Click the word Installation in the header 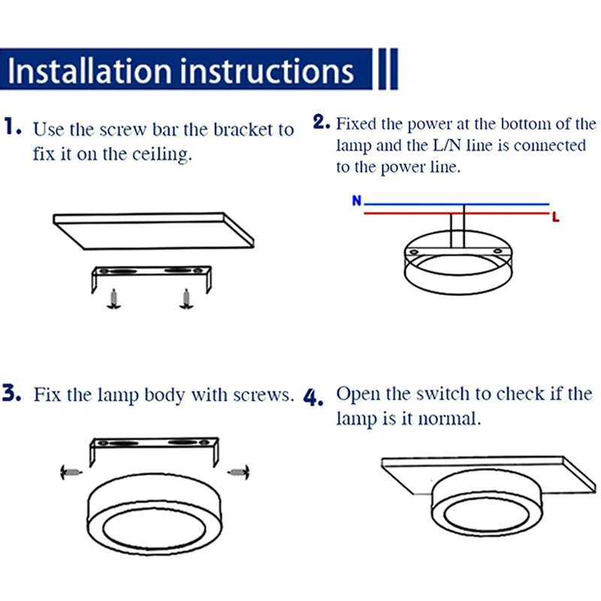pos(89,71)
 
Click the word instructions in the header pos(267,71)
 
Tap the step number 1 pos(13,126)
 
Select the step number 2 pos(322,122)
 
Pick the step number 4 pos(313,397)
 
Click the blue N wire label pos(356,201)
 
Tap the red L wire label pos(555,217)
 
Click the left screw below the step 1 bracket pos(113,299)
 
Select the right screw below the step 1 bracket pos(186,299)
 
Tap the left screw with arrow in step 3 pos(71,472)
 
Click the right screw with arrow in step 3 pos(238,472)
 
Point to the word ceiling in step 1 pos(162,155)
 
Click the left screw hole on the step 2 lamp pos(414,252)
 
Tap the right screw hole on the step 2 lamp pos(497,251)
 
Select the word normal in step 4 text pos(449,418)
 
